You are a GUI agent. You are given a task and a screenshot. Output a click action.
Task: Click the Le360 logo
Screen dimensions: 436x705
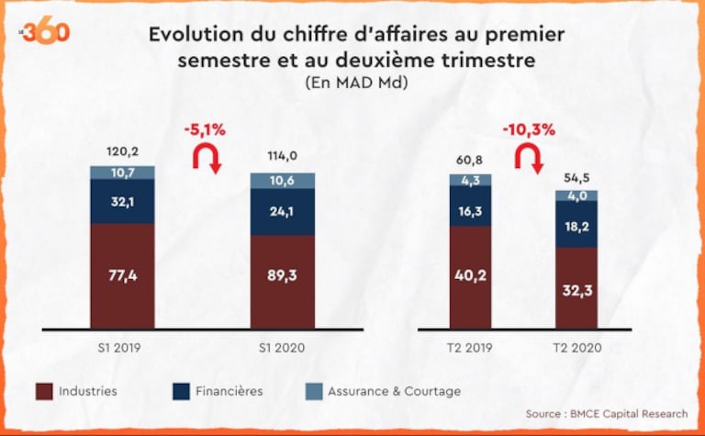click(45, 32)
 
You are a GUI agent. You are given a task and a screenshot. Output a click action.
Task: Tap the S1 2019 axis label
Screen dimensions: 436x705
click(121, 347)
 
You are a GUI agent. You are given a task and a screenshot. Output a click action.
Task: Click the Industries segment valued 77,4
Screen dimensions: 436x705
click(122, 275)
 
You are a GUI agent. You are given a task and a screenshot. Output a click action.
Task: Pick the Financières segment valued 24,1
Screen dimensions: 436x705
click(283, 211)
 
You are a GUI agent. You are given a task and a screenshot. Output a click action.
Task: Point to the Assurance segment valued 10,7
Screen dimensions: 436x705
click(122, 173)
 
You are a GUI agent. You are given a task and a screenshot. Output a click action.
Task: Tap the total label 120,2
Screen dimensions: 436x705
click(122, 152)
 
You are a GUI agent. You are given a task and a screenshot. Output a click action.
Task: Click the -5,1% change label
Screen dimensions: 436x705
click(207, 130)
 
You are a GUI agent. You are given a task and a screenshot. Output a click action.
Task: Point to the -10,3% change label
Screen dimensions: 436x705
click(528, 129)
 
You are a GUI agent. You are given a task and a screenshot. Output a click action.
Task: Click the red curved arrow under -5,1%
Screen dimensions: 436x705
click(207, 159)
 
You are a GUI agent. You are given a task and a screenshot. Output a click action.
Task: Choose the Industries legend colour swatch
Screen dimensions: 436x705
click(43, 392)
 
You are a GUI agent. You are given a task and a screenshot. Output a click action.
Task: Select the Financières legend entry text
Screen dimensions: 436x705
click(229, 391)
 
